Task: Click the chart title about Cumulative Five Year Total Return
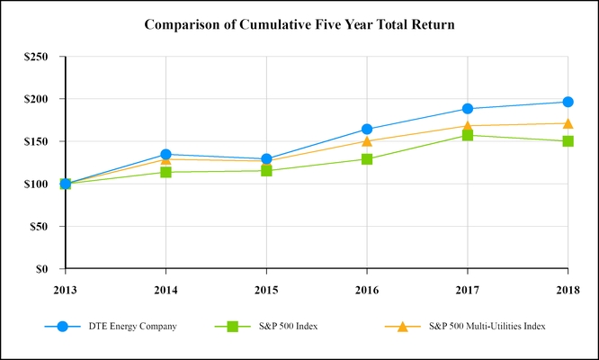pyautogui.click(x=299, y=24)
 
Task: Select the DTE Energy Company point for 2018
pyautogui.click(x=568, y=102)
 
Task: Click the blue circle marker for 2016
pyautogui.click(x=367, y=130)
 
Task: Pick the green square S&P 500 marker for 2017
pyautogui.click(x=468, y=135)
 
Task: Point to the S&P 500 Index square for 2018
pyautogui.click(x=568, y=141)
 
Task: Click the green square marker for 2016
pyautogui.click(x=367, y=159)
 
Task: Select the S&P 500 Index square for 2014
pyautogui.click(x=165, y=172)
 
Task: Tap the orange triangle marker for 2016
pyautogui.click(x=367, y=140)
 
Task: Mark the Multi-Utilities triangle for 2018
pyautogui.click(x=568, y=123)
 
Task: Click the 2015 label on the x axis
pyautogui.click(x=266, y=289)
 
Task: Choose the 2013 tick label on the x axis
pyautogui.click(x=66, y=289)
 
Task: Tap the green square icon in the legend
pyautogui.click(x=233, y=326)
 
